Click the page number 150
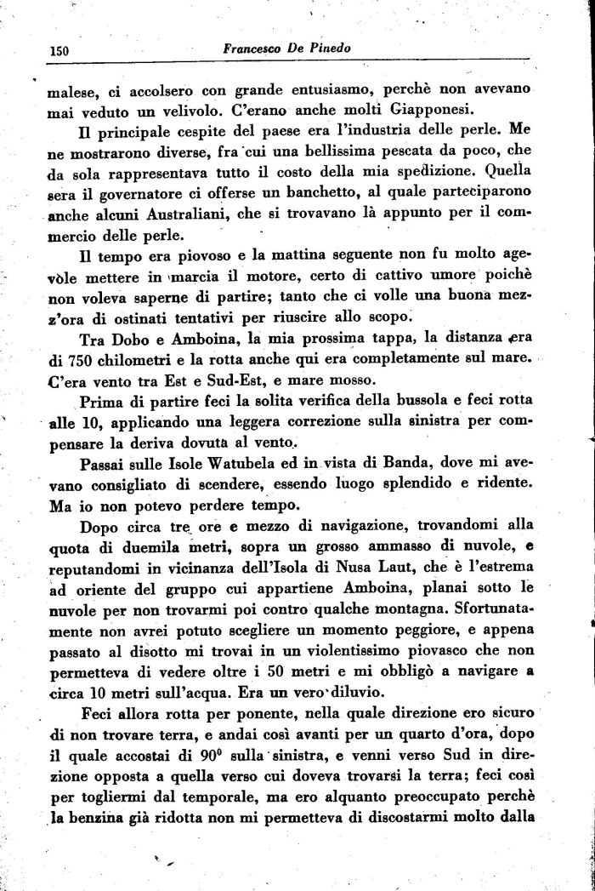58,51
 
